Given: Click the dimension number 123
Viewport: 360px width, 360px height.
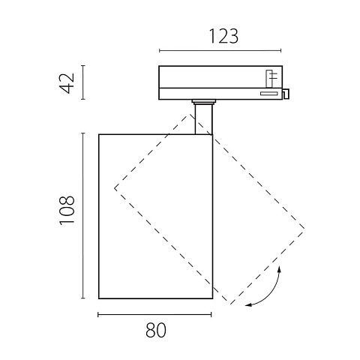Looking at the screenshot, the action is (223, 37).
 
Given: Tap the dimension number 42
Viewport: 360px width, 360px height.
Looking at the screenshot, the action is (67, 83).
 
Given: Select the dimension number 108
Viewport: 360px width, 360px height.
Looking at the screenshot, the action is (67, 210).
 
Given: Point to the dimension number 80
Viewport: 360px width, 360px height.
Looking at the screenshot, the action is (156, 330).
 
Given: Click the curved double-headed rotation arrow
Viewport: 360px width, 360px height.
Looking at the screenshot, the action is (271, 295).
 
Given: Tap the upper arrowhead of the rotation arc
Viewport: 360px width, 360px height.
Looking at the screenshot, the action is (280, 269).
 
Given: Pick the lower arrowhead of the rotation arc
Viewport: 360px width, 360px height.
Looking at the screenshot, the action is (248, 304).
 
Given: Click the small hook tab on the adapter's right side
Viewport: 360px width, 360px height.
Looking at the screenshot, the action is (286, 94).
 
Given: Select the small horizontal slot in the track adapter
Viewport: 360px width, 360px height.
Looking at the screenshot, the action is (268, 94).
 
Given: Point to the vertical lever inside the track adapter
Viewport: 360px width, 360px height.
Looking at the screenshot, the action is (269, 79).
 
